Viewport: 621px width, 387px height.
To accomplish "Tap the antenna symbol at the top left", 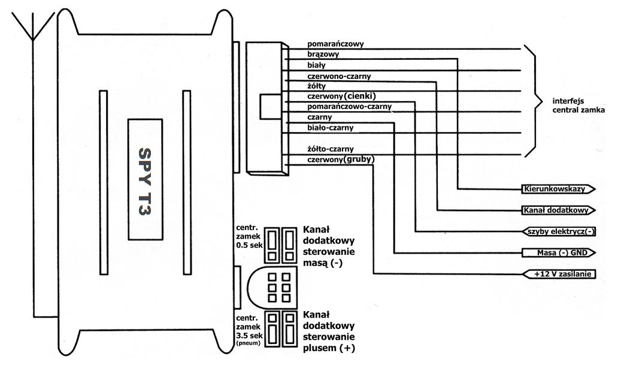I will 34,27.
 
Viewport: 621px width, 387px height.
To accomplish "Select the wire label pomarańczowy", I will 335,44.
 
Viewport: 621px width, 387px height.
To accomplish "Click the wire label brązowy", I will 323,54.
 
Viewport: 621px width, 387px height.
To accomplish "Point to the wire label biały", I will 317,65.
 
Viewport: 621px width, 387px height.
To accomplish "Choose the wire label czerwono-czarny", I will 338,76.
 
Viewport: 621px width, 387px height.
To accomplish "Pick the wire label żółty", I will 316,86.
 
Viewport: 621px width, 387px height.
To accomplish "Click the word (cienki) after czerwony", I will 361,96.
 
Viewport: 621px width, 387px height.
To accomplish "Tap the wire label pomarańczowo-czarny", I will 349,106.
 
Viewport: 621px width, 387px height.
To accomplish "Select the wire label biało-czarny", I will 330,127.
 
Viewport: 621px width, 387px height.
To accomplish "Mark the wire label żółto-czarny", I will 331,148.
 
